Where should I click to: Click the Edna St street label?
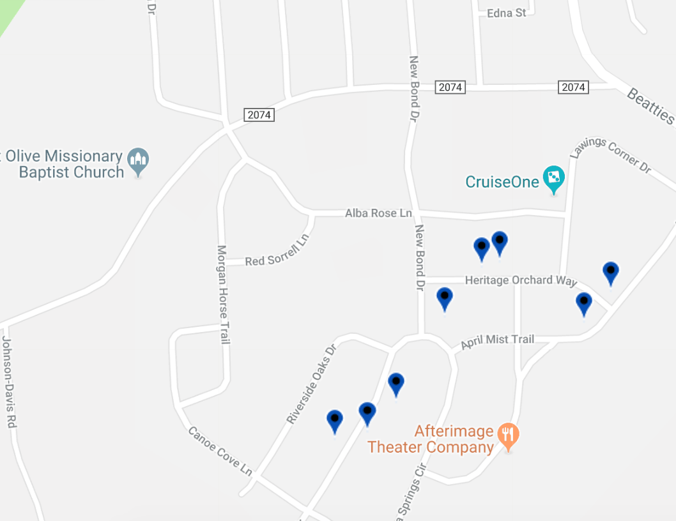point(506,13)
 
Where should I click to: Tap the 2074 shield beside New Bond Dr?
point(450,87)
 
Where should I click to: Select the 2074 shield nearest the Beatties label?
point(572,87)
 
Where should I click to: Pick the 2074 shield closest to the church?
point(259,115)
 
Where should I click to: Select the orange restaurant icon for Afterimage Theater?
point(509,436)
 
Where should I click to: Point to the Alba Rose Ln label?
point(378,213)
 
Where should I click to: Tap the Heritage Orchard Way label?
point(521,280)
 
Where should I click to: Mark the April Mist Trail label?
point(497,340)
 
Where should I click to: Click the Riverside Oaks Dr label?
point(311,385)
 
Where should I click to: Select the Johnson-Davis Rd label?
point(8,382)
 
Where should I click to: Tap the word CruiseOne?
point(502,182)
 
